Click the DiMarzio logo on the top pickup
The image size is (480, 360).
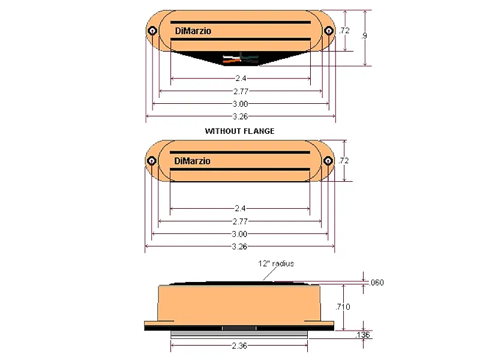pos(193,32)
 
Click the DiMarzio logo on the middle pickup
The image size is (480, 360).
pos(193,161)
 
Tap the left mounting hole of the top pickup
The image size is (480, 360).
pos(152,31)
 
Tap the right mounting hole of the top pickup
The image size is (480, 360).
pos(328,31)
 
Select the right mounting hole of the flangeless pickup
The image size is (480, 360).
pos(328,161)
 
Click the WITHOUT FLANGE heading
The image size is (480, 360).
pos(239,131)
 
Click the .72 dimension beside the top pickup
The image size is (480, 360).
pos(344,31)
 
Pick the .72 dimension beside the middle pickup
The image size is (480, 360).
pos(344,161)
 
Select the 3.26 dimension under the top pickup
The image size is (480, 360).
pos(240,116)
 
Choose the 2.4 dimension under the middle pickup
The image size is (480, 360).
pos(240,208)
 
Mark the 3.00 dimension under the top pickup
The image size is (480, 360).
pos(240,103)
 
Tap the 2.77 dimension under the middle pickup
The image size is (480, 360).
pos(240,221)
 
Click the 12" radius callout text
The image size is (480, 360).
pos(277,263)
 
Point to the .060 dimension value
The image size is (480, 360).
pos(377,283)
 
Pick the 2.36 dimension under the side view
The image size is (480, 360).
pos(239,346)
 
